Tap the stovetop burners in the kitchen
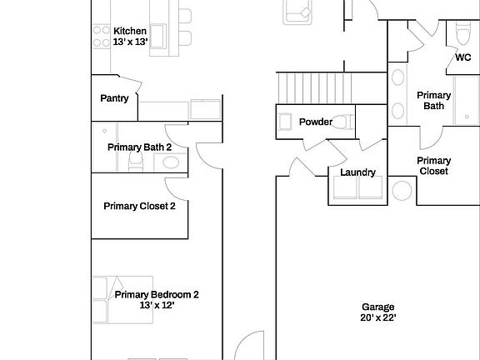(x=101, y=36)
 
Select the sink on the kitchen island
(x=157, y=34)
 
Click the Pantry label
(x=114, y=98)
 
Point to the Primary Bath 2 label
(x=139, y=147)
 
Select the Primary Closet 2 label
(x=139, y=206)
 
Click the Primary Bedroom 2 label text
(x=157, y=294)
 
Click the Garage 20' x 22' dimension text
(x=377, y=318)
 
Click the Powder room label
(x=316, y=122)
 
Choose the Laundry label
(x=357, y=172)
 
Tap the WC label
(x=462, y=57)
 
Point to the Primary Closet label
(x=433, y=166)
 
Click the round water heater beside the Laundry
(x=402, y=192)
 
